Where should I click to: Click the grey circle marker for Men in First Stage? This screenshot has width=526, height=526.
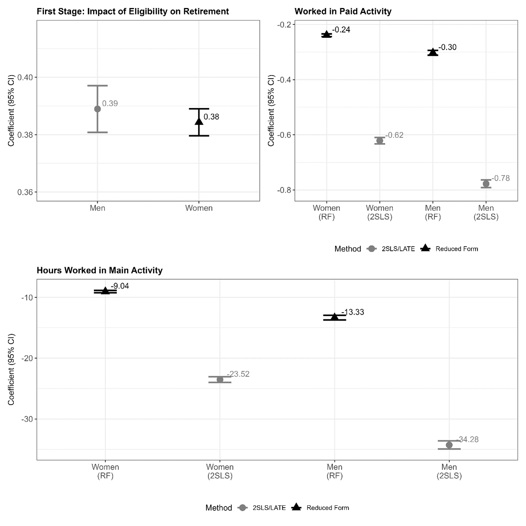point(97,109)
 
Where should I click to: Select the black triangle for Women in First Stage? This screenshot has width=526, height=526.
point(199,121)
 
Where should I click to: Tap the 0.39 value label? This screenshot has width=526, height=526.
point(110,103)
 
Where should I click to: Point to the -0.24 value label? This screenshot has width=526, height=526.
point(341,30)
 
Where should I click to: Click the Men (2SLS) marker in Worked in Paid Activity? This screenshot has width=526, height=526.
point(486,184)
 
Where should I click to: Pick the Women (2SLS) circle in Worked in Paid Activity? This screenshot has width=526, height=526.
point(380,141)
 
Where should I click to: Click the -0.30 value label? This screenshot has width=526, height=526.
point(447,47)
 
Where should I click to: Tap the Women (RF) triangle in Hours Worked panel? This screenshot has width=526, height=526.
point(105,291)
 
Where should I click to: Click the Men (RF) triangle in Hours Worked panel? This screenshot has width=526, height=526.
point(335,317)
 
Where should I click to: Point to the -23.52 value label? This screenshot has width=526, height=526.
point(238,374)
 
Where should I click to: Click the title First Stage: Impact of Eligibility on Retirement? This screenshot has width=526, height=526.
point(133,11)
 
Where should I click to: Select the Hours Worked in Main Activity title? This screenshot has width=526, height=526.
point(100,270)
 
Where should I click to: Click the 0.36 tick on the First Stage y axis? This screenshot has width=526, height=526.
point(25,192)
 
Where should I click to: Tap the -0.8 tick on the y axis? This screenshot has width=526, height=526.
point(284,190)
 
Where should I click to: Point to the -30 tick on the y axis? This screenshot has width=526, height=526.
point(27,419)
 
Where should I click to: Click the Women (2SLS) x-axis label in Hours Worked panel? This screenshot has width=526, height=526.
point(220,471)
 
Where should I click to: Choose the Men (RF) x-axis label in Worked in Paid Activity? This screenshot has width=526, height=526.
point(433,212)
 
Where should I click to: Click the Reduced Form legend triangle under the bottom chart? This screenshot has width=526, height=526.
point(296,507)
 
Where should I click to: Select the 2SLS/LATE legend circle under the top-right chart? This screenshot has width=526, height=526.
point(372,249)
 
